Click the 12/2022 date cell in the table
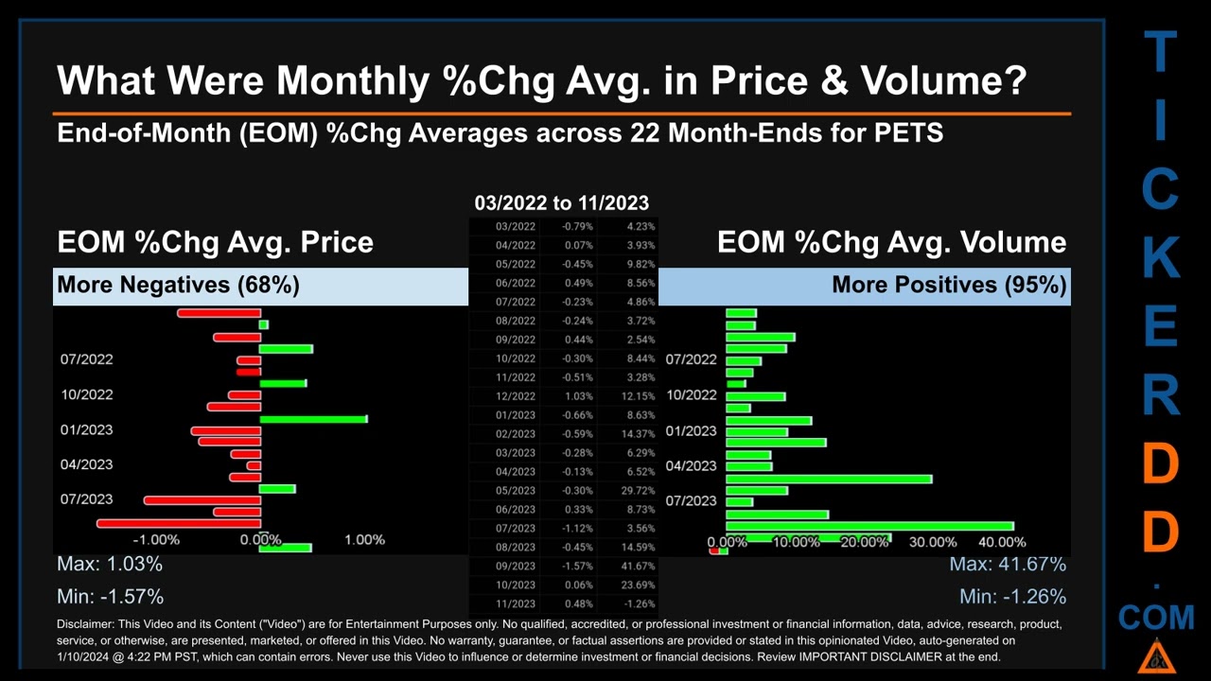[516, 396]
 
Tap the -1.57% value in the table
[577, 566]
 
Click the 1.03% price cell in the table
[577, 396]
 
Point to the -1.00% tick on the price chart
[156, 539]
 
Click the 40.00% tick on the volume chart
[1002, 542]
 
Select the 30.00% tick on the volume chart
[933, 542]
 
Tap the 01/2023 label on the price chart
[86, 429]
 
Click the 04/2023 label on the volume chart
[691, 465]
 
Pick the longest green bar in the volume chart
[869, 526]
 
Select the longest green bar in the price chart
[313, 418]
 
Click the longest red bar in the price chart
[179, 523]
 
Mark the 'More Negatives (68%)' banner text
[178, 285]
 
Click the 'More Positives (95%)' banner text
[949, 285]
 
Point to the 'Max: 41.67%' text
[1008, 564]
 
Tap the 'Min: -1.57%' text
[110, 596]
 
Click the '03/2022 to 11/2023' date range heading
[561, 202]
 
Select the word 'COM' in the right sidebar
[1156, 619]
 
